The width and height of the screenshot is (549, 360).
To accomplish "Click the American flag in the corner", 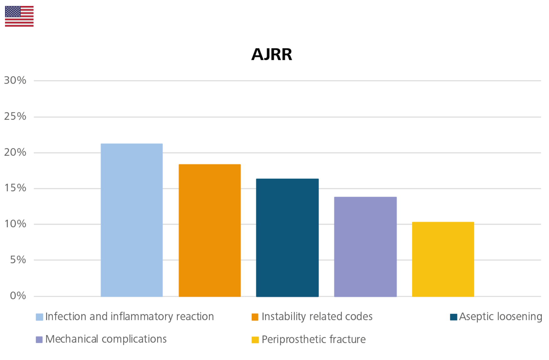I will (19, 16).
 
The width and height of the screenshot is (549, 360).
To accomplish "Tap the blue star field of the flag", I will (13, 12).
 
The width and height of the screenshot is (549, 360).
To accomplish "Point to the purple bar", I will (365, 244).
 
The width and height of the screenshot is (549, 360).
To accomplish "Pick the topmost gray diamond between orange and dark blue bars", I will (248, 189).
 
